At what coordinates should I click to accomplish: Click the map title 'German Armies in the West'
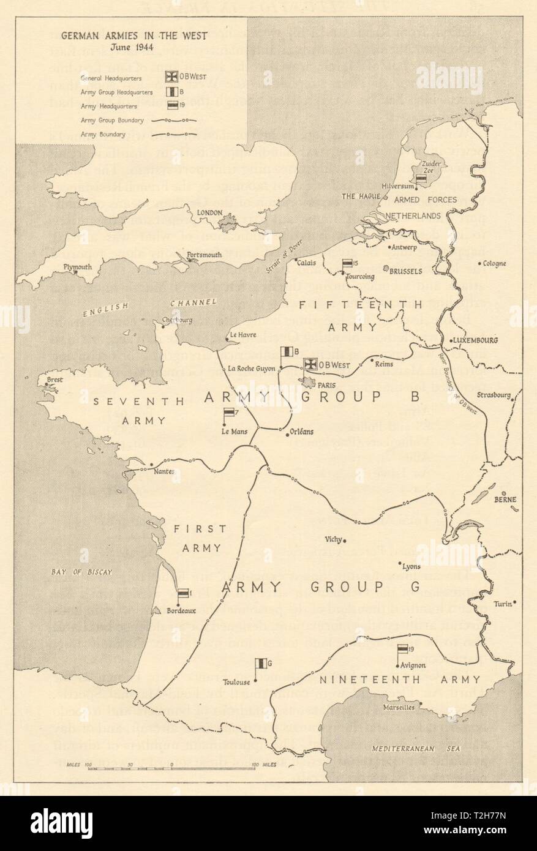pos(133,36)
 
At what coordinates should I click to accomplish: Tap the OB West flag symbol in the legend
pos(171,77)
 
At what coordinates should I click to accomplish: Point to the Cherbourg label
pos(162,320)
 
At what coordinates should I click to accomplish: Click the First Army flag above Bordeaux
pos(183,593)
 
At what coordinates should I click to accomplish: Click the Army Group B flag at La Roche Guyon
pos(285,353)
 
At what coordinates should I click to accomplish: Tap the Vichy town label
pos(334,539)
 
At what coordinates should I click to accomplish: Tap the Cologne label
pos(493,264)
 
